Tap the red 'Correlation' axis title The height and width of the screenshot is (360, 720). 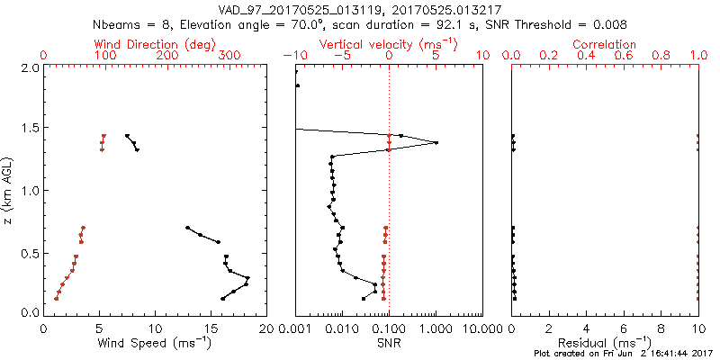(x=605, y=44)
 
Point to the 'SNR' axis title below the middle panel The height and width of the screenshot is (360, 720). (x=388, y=343)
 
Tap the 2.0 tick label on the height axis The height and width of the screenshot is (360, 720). (x=30, y=67)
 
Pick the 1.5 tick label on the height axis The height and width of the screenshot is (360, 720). (x=30, y=130)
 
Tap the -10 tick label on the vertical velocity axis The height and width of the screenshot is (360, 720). (x=296, y=56)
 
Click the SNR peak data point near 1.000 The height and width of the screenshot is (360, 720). (x=436, y=142)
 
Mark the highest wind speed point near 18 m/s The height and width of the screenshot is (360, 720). (x=247, y=278)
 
